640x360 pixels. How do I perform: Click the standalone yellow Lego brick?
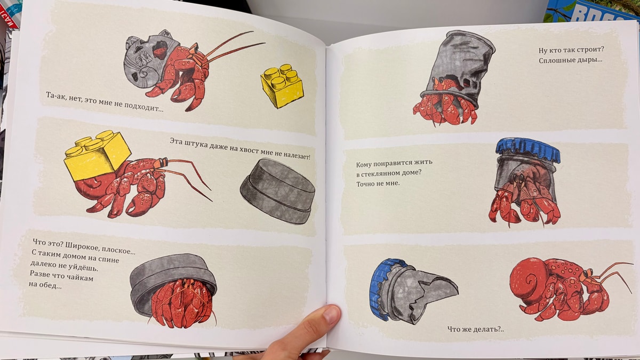coord(282,86)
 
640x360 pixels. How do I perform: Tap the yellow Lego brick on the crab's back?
coord(97,156)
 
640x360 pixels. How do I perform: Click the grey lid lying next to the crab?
coord(278,191)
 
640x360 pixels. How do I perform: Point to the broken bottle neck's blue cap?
coord(381,289)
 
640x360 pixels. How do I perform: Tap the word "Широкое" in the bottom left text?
coord(80,246)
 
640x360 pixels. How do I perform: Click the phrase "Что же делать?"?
coord(475,329)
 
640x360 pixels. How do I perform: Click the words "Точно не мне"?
coord(378,183)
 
